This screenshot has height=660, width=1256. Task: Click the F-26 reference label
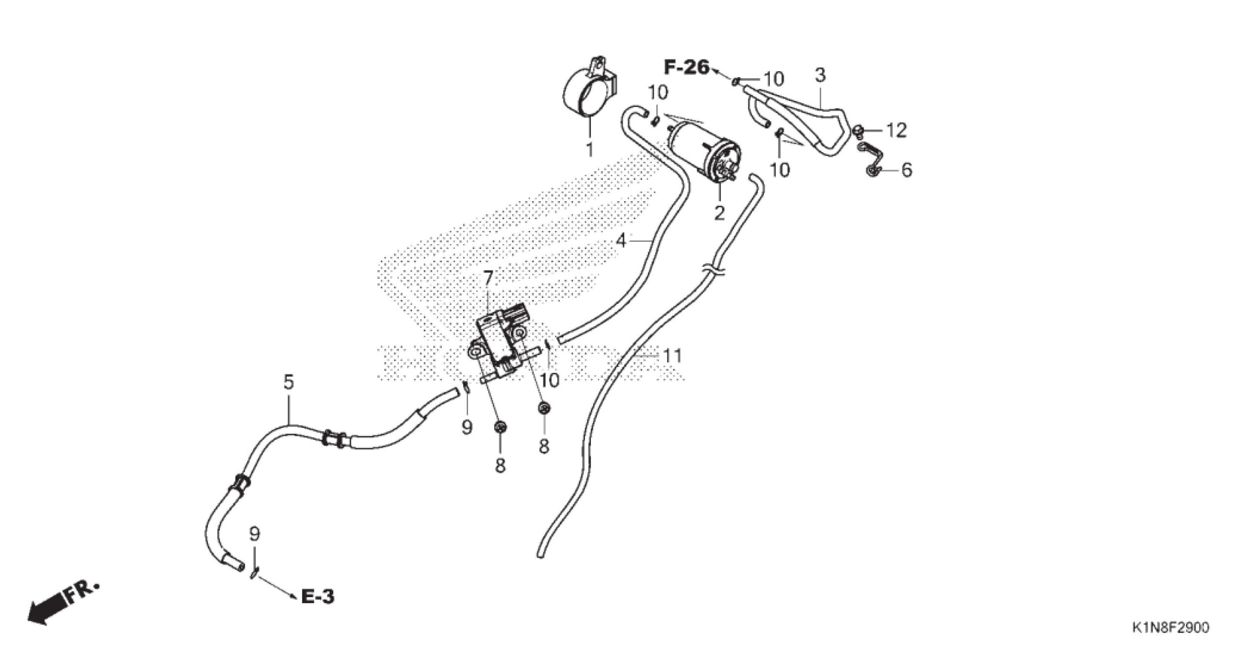[687, 68]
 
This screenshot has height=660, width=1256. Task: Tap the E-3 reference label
[318, 597]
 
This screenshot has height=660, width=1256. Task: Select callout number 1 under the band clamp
[590, 149]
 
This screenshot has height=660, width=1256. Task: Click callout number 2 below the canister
[719, 213]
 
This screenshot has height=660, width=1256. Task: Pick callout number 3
[820, 75]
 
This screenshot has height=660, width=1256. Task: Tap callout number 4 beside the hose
[621, 241]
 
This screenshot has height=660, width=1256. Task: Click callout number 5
[288, 382]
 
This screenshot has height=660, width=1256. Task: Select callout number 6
[906, 170]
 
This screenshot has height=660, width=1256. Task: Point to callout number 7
[488, 278]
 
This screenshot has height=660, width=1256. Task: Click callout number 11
[672, 356]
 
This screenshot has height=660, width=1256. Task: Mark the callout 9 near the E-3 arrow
[254, 534]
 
